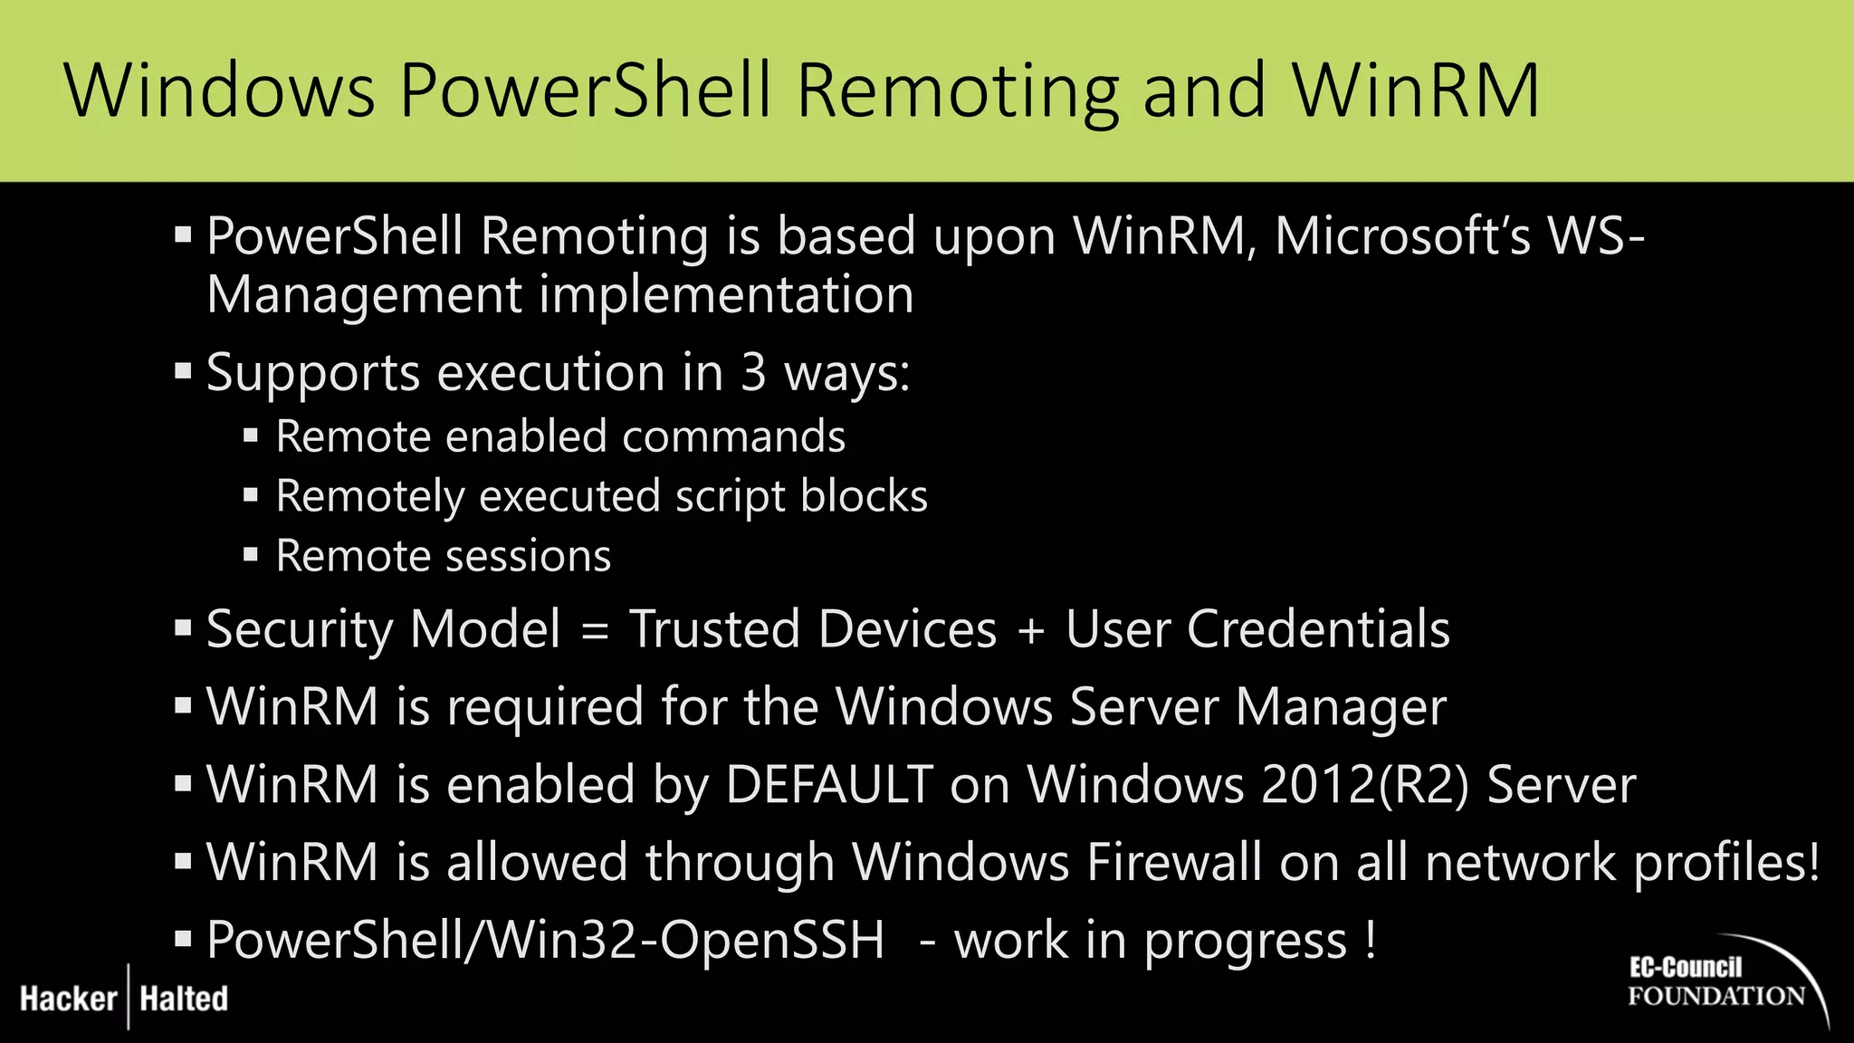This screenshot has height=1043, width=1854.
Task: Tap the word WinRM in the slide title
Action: [1416, 91]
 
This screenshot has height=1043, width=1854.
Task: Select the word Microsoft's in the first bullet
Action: [1402, 236]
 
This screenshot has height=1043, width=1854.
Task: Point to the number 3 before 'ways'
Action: [753, 373]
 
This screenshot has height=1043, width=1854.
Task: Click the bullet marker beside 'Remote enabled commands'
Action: [251, 436]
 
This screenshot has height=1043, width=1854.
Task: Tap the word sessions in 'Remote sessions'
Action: [526, 556]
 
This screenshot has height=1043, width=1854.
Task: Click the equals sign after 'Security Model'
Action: [595, 630]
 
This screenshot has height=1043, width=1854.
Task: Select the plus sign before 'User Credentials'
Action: [1031, 630]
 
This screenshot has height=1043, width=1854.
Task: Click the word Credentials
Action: [1318, 629]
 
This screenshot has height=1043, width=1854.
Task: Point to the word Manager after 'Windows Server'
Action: [1341, 707]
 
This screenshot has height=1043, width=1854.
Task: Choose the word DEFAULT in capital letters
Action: [828, 784]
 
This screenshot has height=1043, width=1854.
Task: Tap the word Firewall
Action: [1174, 862]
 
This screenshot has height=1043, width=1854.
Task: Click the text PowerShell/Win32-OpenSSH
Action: [545, 940]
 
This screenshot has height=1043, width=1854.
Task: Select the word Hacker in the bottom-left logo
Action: [69, 999]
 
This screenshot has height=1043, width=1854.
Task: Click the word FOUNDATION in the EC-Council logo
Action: [1716, 996]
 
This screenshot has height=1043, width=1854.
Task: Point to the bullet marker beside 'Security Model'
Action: [183, 628]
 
